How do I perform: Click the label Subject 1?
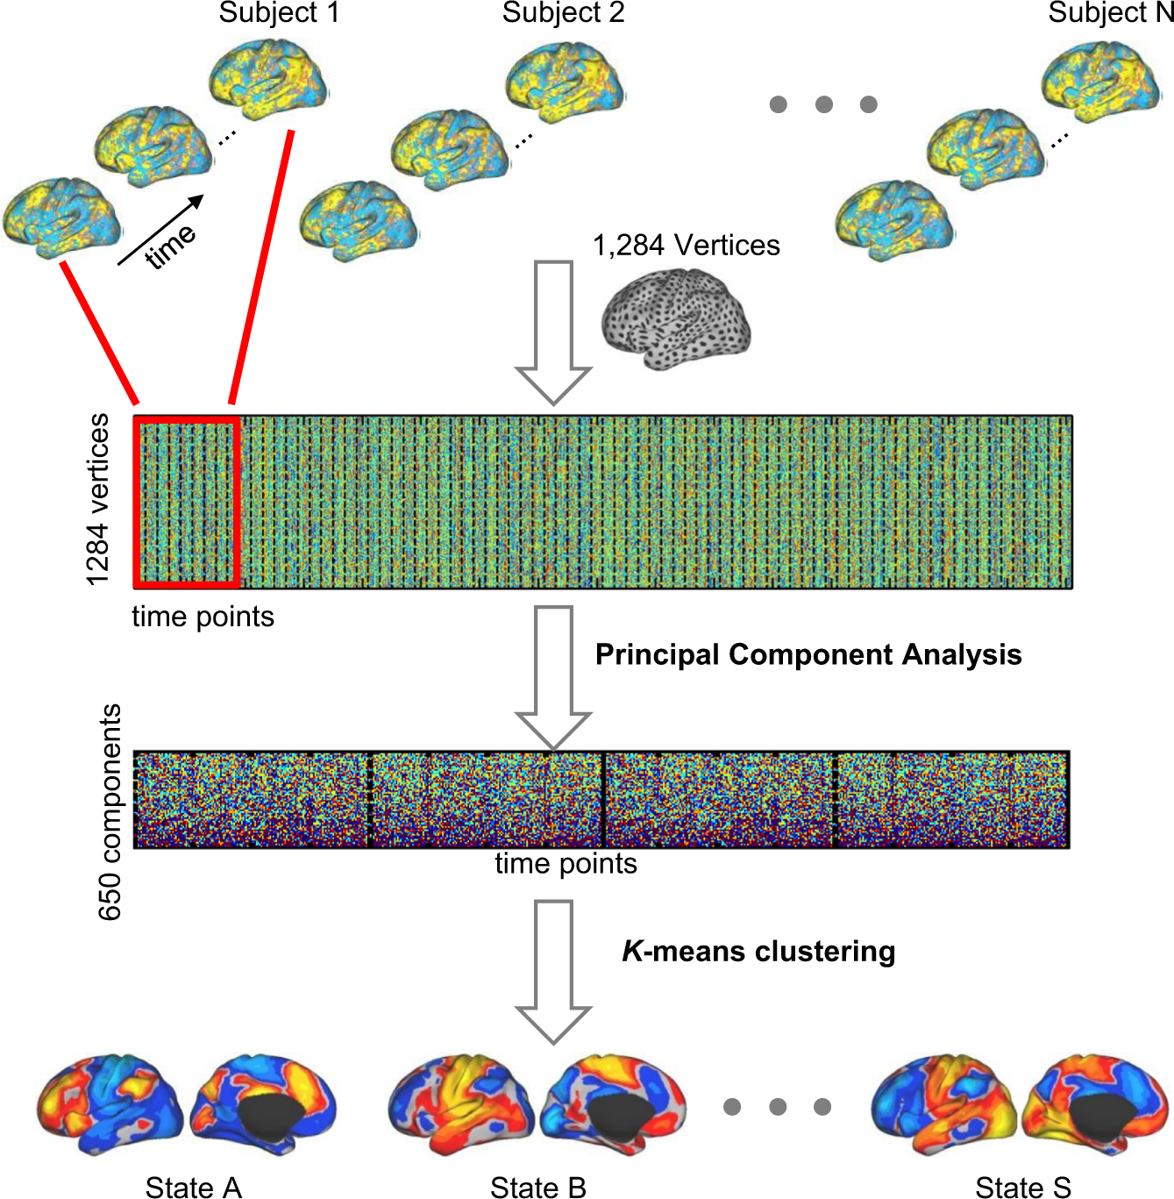pyautogui.click(x=278, y=13)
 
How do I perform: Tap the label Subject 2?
pyautogui.click(x=563, y=13)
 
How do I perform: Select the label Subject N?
pyautogui.click(x=1110, y=13)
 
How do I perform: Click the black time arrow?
pyautogui.click(x=160, y=230)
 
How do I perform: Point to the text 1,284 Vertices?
pyautogui.click(x=686, y=246)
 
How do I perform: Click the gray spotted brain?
pyautogui.click(x=675, y=320)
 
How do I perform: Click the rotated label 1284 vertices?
pyautogui.click(x=97, y=499)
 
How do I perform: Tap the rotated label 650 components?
pyautogui.click(x=110, y=811)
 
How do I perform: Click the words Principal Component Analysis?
pyautogui.click(x=808, y=655)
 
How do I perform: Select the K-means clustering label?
pyautogui.click(x=758, y=952)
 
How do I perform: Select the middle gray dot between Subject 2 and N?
pyautogui.click(x=823, y=104)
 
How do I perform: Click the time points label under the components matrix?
pyautogui.click(x=566, y=864)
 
